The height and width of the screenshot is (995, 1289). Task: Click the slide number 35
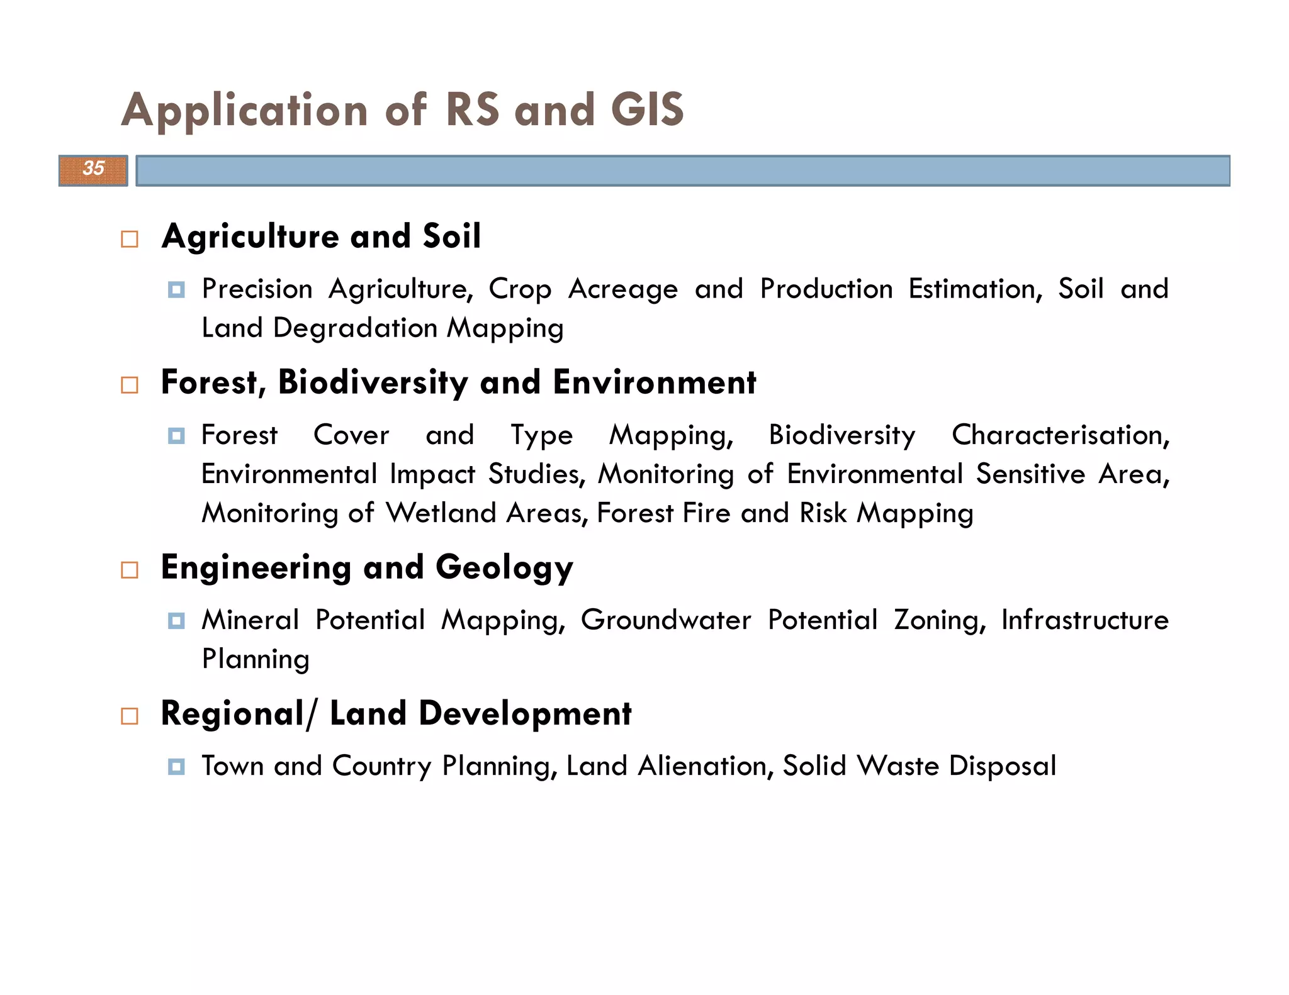[93, 169]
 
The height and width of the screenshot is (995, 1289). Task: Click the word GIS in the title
[647, 110]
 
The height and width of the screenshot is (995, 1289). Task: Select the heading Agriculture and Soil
[321, 236]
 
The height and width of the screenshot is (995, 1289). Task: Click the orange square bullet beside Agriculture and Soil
[130, 239]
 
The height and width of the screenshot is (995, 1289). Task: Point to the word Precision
[257, 289]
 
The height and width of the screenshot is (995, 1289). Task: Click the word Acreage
[623, 289]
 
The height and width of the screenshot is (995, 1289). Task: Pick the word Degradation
[355, 328]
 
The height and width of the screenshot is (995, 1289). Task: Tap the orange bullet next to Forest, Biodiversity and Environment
[130, 385]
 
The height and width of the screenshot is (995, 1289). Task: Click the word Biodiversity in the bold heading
[373, 382]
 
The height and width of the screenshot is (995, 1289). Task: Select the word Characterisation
[1060, 435]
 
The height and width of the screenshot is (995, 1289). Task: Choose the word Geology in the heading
[504, 568]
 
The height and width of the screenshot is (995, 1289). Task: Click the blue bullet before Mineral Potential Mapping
[176, 621]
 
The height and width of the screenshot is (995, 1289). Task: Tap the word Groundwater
[665, 620]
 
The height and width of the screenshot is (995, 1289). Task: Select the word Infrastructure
[1084, 620]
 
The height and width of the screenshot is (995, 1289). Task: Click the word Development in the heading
[525, 714]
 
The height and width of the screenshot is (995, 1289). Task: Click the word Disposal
[1002, 766]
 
